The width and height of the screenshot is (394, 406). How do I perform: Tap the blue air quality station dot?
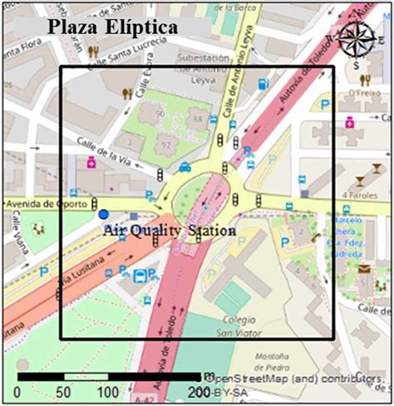(x=104, y=215)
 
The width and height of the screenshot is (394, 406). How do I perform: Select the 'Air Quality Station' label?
(x=169, y=230)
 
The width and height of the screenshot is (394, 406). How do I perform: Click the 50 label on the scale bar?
(x=62, y=391)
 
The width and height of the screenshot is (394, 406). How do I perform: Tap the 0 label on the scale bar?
(x=18, y=391)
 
